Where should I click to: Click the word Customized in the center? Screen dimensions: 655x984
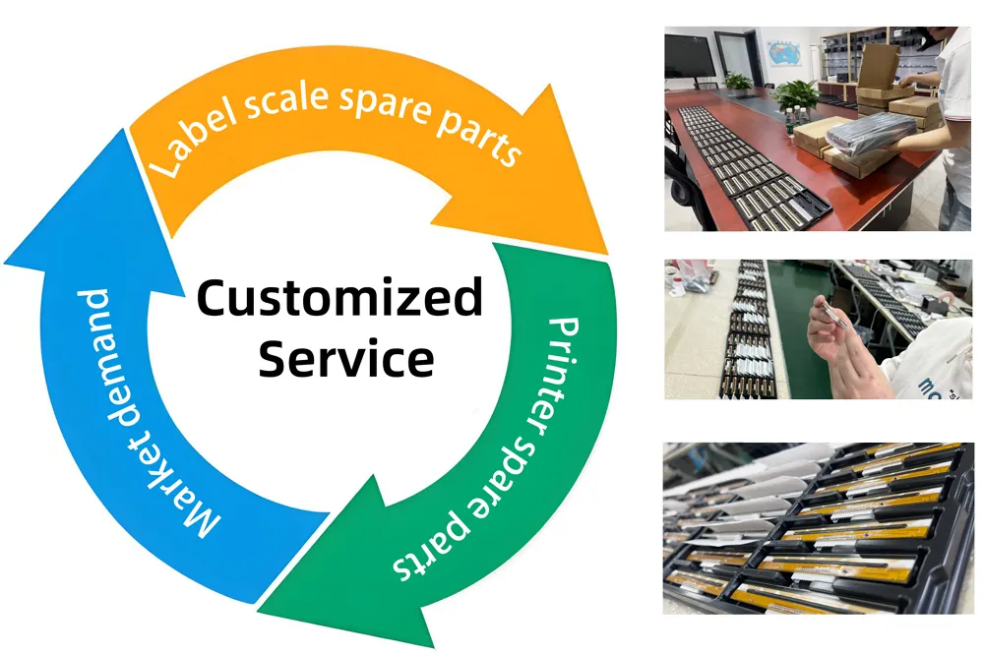339,298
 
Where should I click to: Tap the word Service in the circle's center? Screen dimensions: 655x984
345,359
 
